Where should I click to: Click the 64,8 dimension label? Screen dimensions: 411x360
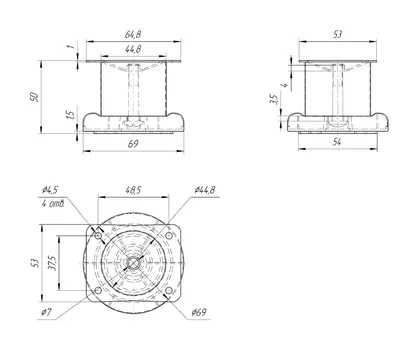tap(133, 34)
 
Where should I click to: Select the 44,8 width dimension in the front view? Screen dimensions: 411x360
tap(133, 49)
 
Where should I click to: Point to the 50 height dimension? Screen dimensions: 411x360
tap(34, 97)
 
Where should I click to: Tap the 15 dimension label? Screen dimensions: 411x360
tap(70, 115)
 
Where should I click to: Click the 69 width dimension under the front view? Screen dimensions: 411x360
tap(133, 144)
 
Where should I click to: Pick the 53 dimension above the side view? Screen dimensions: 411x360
tap(337, 34)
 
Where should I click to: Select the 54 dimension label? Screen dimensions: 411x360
tap(337, 142)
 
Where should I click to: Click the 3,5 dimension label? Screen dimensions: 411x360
tap(273, 99)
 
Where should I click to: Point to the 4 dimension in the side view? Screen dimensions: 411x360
tap(284, 85)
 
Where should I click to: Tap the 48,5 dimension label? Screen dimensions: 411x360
tap(133, 190)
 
